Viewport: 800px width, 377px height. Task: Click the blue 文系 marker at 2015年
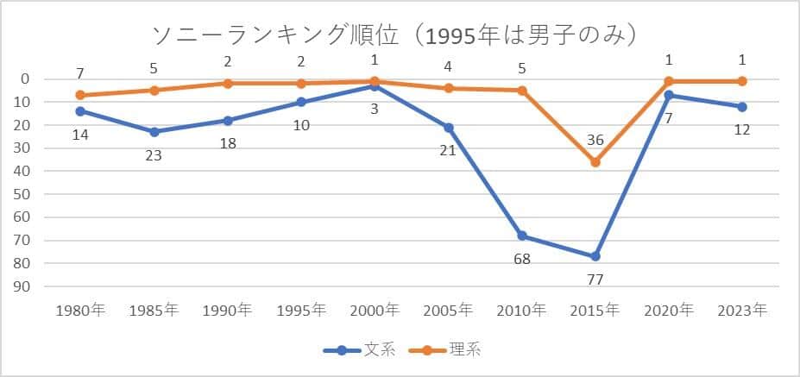point(595,256)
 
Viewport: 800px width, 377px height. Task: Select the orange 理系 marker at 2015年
point(595,161)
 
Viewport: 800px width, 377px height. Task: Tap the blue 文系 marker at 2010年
point(522,236)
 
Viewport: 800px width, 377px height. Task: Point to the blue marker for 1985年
point(154,132)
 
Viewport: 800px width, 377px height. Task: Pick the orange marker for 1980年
point(80,95)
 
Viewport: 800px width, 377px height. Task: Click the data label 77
point(595,279)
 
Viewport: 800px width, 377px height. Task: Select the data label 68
point(521,258)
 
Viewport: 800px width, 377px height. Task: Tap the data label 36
point(595,140)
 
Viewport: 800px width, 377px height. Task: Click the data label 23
point(154,155)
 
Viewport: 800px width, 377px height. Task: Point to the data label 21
point(448,150)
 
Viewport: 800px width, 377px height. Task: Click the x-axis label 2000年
point(375,311)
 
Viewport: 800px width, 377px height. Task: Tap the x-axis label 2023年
point(742,311)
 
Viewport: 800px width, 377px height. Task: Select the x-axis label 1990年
point(227,311)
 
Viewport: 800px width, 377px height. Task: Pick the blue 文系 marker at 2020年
point(669,95)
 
